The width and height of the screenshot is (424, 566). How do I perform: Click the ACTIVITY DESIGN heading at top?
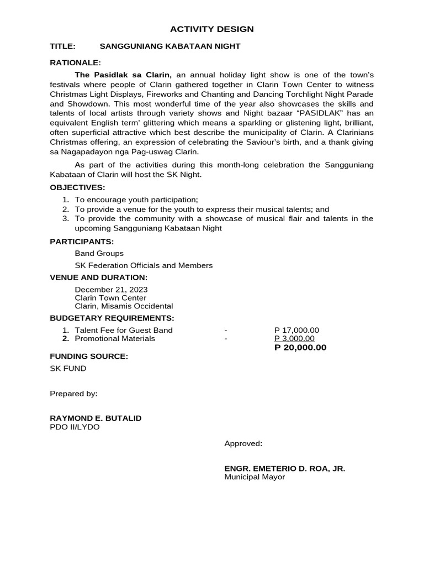pos(212,29)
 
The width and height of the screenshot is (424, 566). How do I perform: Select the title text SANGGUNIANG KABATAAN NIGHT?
pos(169,46)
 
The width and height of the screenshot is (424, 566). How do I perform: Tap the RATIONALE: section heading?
pos(76,63)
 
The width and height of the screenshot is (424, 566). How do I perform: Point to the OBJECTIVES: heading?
pos(77,187)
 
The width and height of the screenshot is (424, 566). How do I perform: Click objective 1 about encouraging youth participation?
pos(136,200)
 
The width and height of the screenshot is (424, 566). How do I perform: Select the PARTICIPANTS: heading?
pos(82,241)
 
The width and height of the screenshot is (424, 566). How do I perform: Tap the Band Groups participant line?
pos(99,253)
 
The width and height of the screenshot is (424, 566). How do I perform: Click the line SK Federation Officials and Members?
pos(144,265)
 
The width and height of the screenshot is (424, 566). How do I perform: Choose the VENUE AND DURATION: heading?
pos(99,277)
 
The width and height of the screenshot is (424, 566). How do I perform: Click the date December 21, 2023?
pos(111,290)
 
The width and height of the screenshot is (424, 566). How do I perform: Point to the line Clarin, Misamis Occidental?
pos(124,306)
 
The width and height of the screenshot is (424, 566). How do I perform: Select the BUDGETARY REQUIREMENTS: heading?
pos(112,318)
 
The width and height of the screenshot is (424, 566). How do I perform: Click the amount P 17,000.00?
pos(296,331)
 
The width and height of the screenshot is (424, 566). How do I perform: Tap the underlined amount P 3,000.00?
pos(294,339)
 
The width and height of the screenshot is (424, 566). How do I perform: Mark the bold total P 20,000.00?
pos(300,348)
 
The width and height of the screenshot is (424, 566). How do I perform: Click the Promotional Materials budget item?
pos(115,339)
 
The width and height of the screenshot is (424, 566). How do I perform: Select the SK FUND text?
pos(68,369)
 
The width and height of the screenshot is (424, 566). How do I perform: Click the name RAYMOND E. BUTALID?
pos(96,418)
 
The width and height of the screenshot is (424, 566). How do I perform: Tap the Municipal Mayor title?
pos(255,477)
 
